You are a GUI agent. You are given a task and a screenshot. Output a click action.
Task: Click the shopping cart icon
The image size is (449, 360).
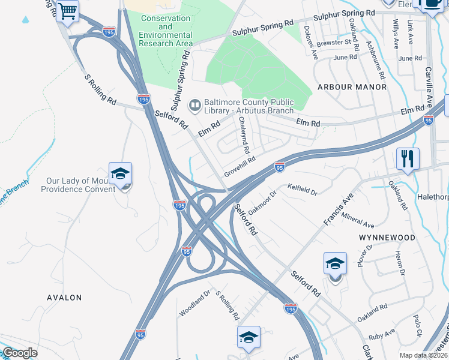[x=68, y=11]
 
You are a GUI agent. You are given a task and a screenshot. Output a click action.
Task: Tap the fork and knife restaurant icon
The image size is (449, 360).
[x=408, y=158]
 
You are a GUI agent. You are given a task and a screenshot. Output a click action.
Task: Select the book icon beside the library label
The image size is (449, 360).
[x=194, y=106]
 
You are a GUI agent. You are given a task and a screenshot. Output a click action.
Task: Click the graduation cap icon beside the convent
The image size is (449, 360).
[x=120, y=173]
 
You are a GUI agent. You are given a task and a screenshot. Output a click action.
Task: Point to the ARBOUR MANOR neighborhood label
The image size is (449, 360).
[x=352, y=87]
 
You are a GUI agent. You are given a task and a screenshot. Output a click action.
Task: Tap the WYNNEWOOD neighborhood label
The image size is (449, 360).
[x=387, y=238]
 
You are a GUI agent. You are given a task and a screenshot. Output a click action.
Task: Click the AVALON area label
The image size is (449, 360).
[x=64, y=298]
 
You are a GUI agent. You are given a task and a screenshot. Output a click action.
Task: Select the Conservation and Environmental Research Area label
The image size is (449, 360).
[x=166, y=31]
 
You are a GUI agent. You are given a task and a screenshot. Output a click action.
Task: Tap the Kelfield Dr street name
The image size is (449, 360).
[x=302, y=190]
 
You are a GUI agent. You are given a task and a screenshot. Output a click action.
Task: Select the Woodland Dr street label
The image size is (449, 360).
[x=195, y=304]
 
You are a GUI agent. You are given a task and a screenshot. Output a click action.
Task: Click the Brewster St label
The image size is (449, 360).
[x=335, y=43]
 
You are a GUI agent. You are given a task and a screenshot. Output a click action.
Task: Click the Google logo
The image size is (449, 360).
[x=20, y=353]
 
